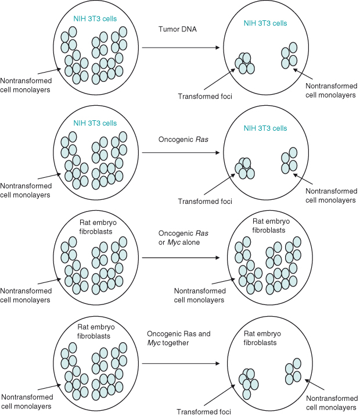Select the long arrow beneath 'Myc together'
pyautogui.click(x=180, y=364)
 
